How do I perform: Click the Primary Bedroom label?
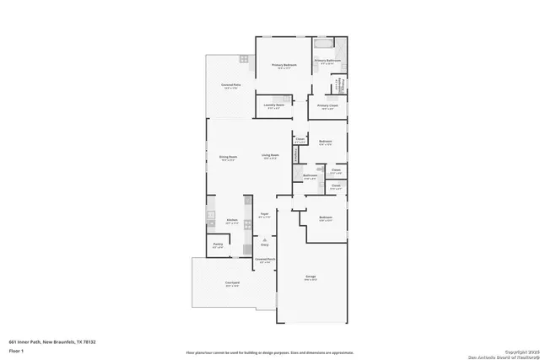(x=283, y=65)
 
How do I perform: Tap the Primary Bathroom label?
(x=328, y=61)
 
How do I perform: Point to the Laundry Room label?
(x=274, y=105)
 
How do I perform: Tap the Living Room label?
(x=271, y=156)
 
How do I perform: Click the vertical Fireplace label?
(x=294, y=154)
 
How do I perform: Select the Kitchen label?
(x=232, y=220)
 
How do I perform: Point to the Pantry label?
(x=217, y=244)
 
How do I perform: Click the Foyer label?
(x=264, y=214)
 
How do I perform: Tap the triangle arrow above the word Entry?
(x=264, y=239)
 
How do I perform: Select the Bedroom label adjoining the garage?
(x=326, y=218)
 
